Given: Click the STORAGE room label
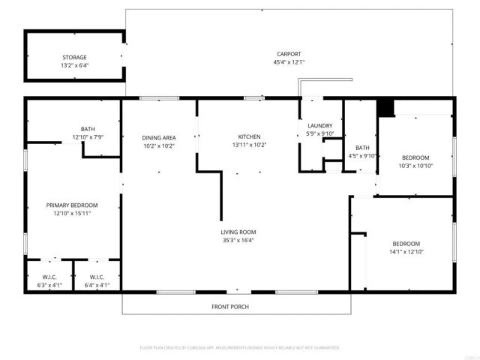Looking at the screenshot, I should [x=74, y=57].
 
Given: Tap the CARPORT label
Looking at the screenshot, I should [x=289, y=54].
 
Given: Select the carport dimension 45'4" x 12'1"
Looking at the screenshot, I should [x=289, y=62].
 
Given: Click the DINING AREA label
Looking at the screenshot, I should [x=159, y=137].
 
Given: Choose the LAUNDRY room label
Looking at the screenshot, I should [x=320, y=125].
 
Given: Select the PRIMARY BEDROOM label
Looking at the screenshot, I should [x=72, y=205].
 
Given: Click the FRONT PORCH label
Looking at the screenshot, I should [x=230, y=307].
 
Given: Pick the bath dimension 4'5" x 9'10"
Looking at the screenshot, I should [x=362, y=156].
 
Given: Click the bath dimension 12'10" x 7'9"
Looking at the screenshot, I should [x=88, y=137].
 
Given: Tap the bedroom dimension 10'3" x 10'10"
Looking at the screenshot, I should [x=417, y=165].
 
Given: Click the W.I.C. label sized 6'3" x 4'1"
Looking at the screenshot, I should [x=49, y=285].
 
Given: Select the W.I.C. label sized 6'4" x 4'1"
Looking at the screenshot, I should [x=97, y=285].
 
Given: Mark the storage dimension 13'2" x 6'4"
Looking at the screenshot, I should [x=74, y=66].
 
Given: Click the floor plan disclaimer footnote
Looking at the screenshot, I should [x=240, y=348].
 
